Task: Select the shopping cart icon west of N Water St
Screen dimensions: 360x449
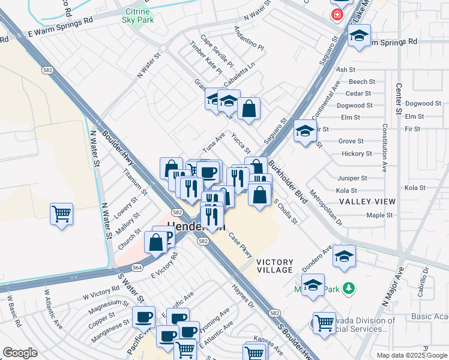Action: pos(61,214)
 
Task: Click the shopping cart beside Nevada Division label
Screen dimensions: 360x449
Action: pos(324,322)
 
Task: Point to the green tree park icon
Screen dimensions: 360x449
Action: pos(348,289)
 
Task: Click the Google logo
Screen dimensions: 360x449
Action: pos(20,353)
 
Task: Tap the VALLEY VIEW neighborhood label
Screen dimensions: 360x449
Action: pos(367,202)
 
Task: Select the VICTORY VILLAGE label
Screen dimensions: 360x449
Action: pos(275,267)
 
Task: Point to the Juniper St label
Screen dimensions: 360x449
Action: pos(352,178)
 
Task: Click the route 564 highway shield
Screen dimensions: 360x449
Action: pos(137,268)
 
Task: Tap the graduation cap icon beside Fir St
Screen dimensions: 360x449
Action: pos(305,130)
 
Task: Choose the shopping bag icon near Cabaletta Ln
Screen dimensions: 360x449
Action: pos(249,109)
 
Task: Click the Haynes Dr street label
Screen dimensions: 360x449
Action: pos(243,296)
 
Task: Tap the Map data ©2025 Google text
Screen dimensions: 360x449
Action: pos(412,355)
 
